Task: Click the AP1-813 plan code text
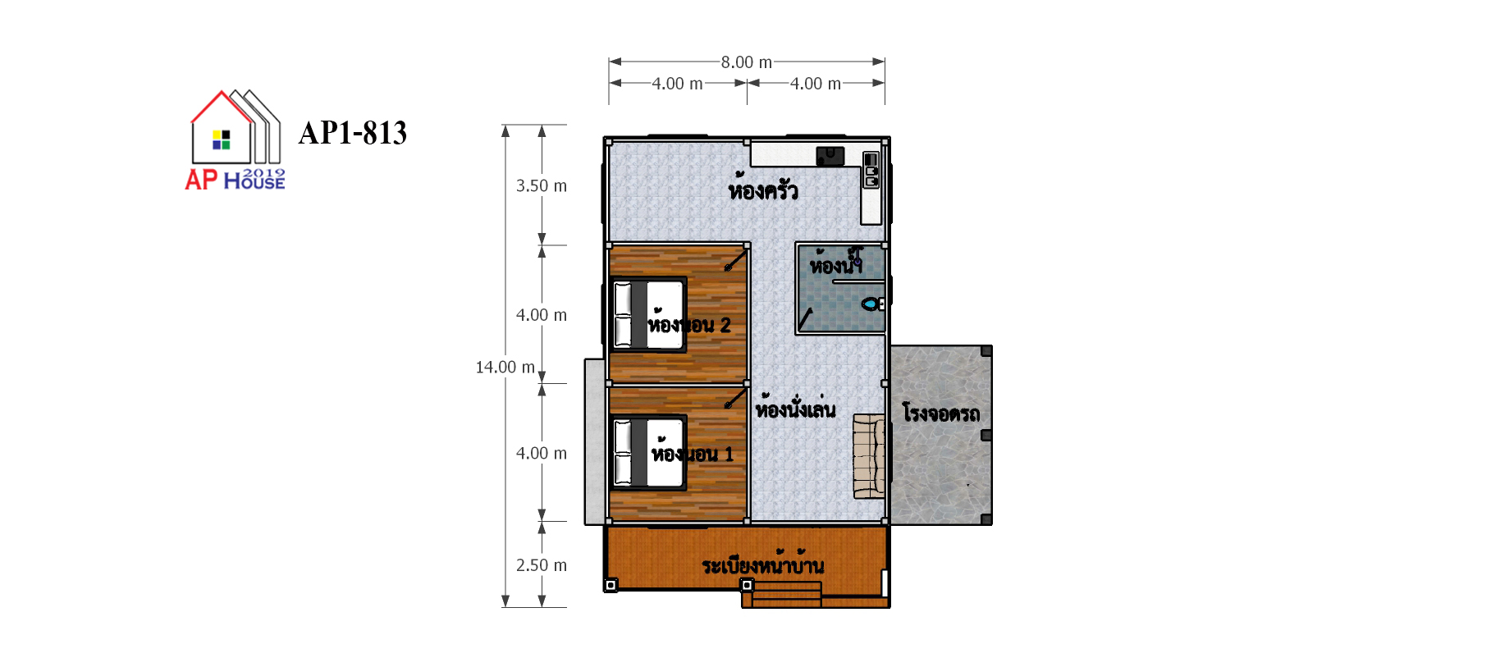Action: click(x=353, y=133)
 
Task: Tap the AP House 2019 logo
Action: click(x=236, y=140)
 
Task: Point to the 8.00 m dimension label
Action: click(x=747, y=62)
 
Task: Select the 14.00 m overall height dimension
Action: click(x=505, y=367)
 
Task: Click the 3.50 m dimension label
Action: click(x=542, y=185)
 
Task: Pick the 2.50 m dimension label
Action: click(x=542, y=564)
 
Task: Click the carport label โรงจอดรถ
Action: click(x=941, y=412)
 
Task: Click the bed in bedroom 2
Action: click(x=649, y=315)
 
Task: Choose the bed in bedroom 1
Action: click(x=649, y=453)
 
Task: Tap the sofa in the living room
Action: click(x=869, y=456)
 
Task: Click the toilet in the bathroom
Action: click(x=872, y=304)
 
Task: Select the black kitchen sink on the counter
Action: click(x=830, y=156)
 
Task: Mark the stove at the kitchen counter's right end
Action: click(x=871, y=170)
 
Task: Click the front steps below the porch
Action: click(x=782, y=594)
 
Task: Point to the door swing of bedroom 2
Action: click(x=736, y=259)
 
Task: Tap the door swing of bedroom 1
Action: click(x=736, y=397)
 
